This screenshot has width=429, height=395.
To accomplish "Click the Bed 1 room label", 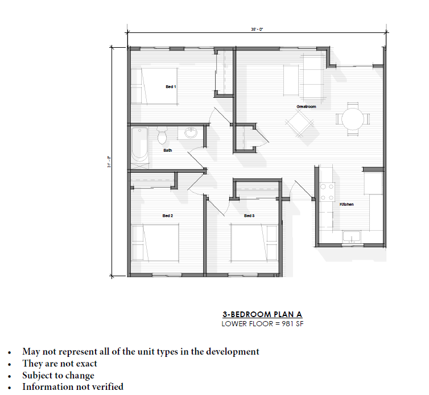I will click(x=171, y=86).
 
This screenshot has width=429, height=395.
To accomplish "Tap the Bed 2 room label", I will click(x=167, y=216).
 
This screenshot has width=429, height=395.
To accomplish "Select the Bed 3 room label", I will click(x=249, y=216).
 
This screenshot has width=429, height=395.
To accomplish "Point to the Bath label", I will click(x=168, y=151).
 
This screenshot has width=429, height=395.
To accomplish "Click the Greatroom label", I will click(x=306, y=107).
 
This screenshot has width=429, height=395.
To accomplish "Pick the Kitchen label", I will click(x=346, y=205).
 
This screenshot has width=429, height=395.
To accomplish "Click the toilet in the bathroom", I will click(x=162, y=135).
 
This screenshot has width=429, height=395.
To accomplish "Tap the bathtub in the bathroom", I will click(x=139, y=145).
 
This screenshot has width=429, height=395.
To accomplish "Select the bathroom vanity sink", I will click(x=191, y=134).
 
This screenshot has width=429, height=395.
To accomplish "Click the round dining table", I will click(x=352, y=119).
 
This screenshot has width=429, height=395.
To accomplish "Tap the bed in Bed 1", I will click(x=154, y=86).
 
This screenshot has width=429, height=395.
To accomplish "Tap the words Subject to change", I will click(x=58, y=375).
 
